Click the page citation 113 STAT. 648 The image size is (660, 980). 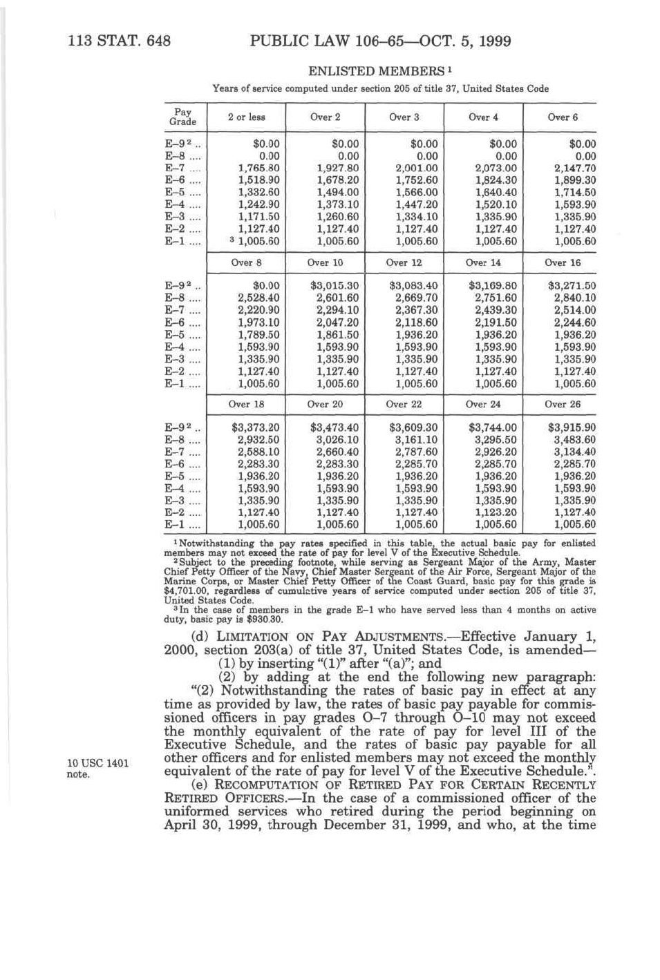[119, 41]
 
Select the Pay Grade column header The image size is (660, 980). [182, 117]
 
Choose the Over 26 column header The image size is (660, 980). [562, 404]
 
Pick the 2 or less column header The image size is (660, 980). [246, 117]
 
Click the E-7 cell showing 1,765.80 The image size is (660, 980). [258, 168]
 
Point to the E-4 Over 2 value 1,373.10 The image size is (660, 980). [338, 204]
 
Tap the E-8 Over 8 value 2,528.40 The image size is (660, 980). [258, 298]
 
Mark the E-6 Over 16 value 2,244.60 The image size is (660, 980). [574, 323]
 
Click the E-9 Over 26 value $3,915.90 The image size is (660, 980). [572, 428]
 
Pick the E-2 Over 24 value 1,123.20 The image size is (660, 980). [496, 512]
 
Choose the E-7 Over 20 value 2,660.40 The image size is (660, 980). [338, 452]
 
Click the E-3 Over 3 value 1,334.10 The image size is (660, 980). [417, 217]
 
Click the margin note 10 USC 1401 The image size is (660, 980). [97, 763]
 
